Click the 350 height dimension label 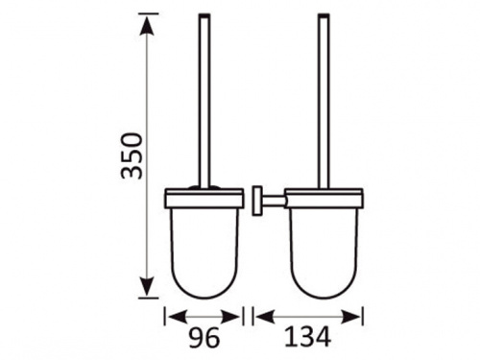click(x=132, y=156)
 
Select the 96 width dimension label click(x=204, y=338)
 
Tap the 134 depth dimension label click(x=307, y=337)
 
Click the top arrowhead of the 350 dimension click(x=148, y=26)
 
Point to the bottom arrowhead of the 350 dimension click(x=148, y=286)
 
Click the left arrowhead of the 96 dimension click(x=177, y=317)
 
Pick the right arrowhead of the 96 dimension click(x=230, y=317)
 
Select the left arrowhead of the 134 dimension click(x=266, y=317)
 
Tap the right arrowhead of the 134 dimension click(x=350, y=317)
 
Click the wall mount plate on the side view click(x=257, y=201)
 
